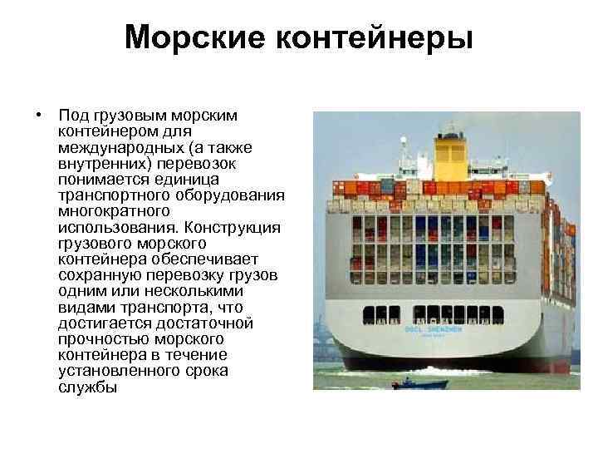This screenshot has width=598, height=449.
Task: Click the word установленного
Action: (113, 371)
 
